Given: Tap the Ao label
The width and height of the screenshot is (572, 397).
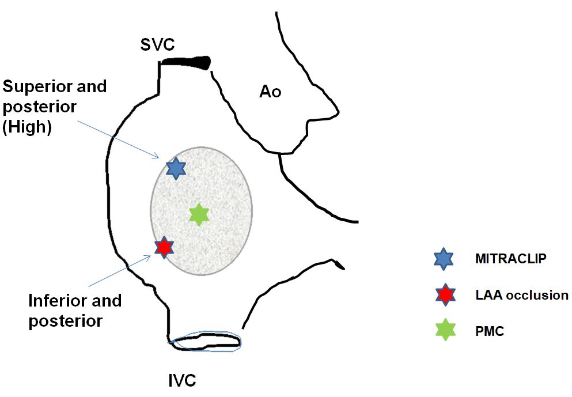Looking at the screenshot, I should click(x=270, y=91).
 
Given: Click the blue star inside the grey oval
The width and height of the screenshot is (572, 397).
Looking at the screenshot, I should click(x=176, y=168).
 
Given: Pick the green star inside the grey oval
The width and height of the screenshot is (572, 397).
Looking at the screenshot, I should click(x=199, y=214).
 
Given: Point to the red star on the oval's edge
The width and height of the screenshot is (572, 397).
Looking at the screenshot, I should click(x=164, y=247).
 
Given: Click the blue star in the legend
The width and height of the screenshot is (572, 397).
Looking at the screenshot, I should click(x=444, y=259).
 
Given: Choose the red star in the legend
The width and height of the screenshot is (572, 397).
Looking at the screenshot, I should click(x=444, y=294).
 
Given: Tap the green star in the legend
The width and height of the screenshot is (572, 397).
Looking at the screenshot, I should click(x=444, y=330).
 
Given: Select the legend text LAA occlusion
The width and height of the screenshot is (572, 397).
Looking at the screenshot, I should click(x=522, y=296).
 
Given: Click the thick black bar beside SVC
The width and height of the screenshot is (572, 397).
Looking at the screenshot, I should click(x=185, y=61).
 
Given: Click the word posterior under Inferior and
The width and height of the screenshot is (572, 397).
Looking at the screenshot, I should click(x=65, y=321).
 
